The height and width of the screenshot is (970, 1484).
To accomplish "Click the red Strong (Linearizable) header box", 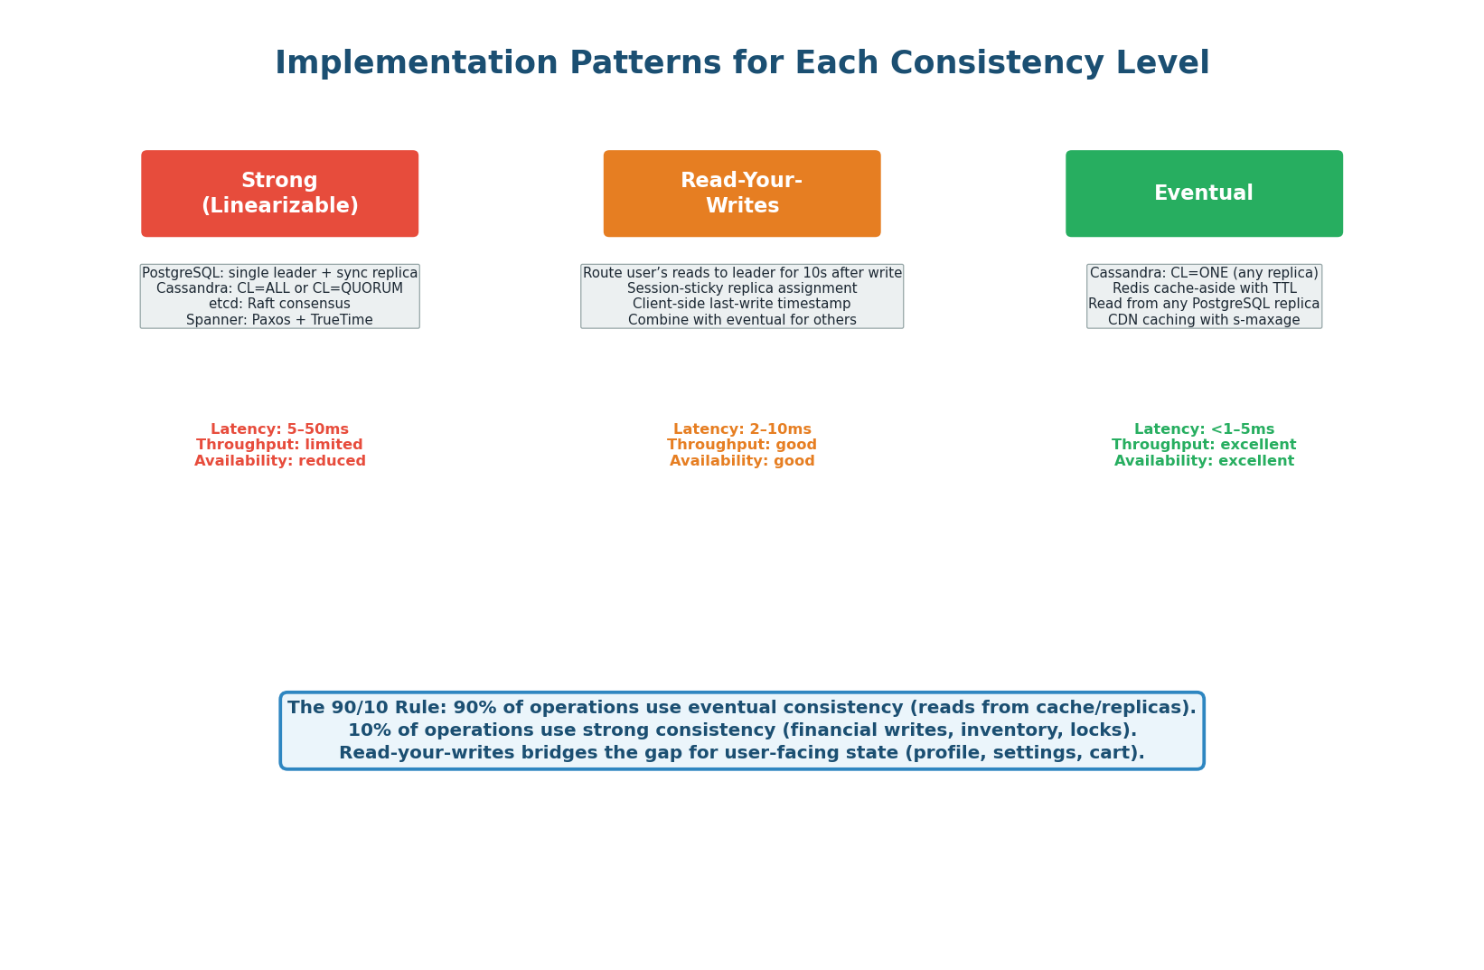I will point(279,193).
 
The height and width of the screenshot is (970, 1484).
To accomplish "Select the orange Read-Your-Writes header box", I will point(741,193).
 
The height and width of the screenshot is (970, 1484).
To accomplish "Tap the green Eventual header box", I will point(1204,193).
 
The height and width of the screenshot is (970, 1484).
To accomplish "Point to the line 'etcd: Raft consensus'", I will point(279,304).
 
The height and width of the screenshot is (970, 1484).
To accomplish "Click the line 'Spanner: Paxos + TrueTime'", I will point(279,320).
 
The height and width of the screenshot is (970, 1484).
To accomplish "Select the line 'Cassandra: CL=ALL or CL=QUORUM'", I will point(279,288).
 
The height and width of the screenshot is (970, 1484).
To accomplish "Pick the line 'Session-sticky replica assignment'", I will point(741,288).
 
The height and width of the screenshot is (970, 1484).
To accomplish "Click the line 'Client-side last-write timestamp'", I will point(741,304).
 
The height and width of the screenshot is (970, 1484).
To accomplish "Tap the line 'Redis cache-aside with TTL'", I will point(1204,288).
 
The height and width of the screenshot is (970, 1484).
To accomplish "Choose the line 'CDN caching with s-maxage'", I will point(1204,320).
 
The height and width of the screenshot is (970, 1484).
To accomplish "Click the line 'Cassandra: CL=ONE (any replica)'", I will point(1204,273).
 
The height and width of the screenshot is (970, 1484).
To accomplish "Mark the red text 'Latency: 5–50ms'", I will point(279,429).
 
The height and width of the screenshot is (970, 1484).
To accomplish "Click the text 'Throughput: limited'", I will point(279,445).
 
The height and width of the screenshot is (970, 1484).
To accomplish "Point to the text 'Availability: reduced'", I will point(279,461).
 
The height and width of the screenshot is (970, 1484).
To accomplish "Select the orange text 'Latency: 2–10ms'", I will point(741,429).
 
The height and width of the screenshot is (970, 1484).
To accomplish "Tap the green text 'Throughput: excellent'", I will point(1204,445).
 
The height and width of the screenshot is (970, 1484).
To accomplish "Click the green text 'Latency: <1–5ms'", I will point(1204,429).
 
